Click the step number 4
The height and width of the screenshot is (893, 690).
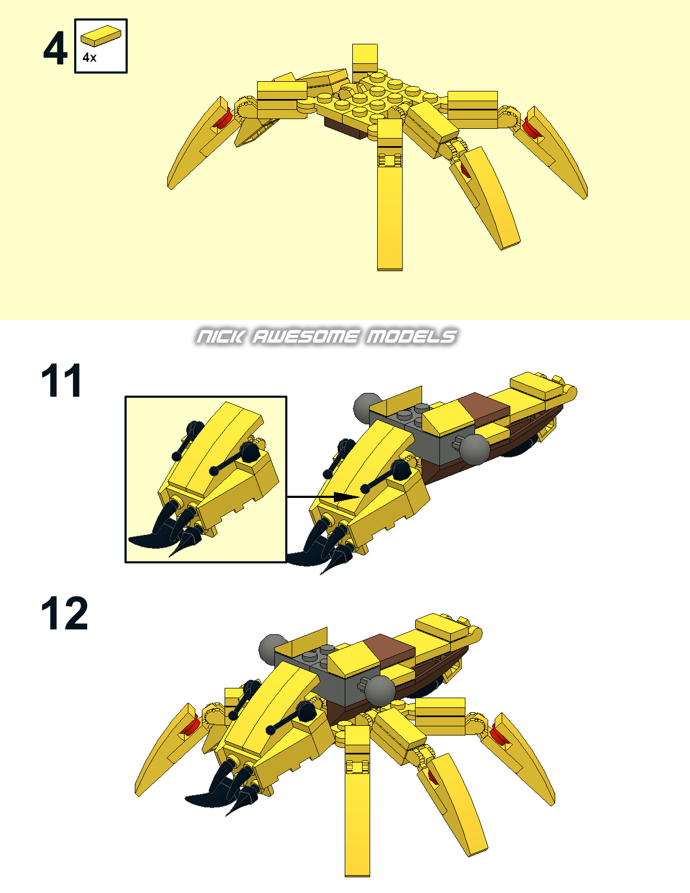click(x=55, y=48)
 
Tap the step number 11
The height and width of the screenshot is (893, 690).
click(x=62, y=380)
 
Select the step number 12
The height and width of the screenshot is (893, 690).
click(x=64, y=613)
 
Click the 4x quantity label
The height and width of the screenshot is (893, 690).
click(x=90, y=57)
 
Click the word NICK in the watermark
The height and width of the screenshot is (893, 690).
click(x=220, y=337)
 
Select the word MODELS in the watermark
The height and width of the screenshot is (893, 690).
click(x=411, y=337)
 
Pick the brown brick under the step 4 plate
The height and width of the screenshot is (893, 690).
click(x=346, y=128)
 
